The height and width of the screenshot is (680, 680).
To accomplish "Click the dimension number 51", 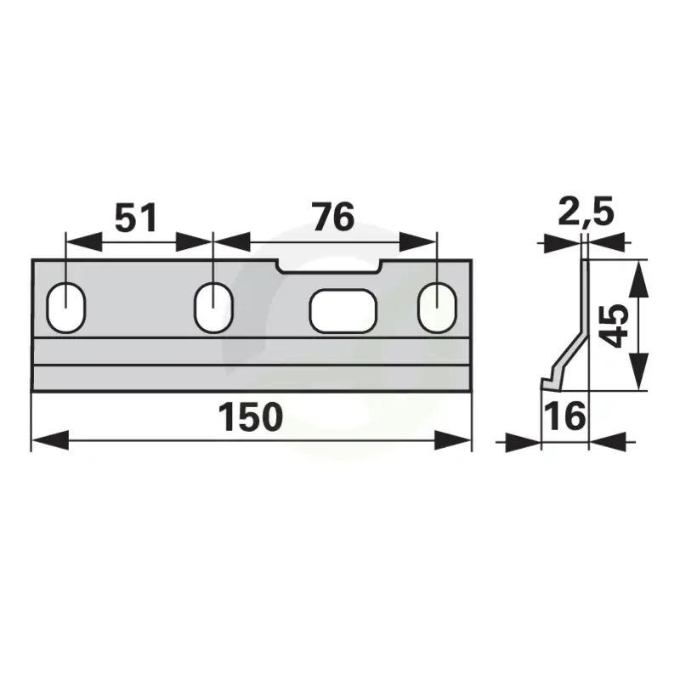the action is (136, 218).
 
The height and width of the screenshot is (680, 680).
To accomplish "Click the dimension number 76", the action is (333, 217).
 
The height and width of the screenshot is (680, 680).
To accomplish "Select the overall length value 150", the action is (251, 417).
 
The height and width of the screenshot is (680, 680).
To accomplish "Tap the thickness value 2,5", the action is (586, 212).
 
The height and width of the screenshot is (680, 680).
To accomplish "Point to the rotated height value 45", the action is (615, 326).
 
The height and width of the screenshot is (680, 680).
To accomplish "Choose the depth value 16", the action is (565, 416).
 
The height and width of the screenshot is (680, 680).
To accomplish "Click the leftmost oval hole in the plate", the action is (66, 307).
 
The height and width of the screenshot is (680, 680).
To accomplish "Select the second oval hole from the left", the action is (213, 307).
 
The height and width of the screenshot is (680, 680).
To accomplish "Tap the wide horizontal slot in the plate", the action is (343, 310).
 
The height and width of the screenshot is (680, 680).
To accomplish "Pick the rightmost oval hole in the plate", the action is (437, 307).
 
